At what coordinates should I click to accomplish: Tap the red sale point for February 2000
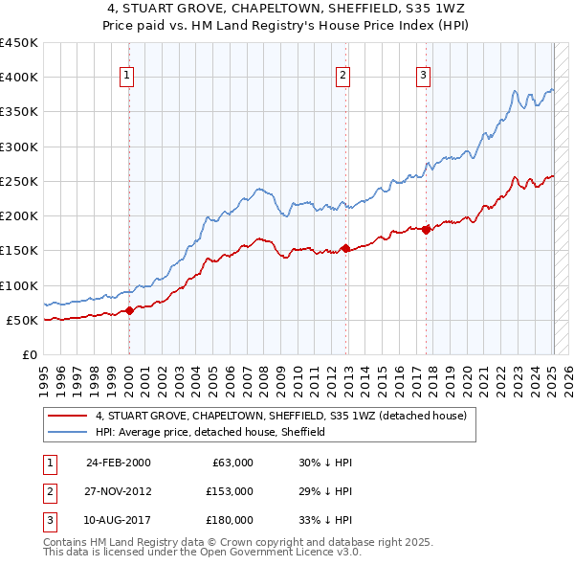tap(129, 310)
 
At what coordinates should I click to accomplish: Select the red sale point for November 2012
tap(345, 248)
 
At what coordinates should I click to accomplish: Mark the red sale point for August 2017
tap(426, 230)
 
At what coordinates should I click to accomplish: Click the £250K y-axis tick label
tap(19, 181)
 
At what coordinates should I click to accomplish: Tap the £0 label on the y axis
tap(29, 354)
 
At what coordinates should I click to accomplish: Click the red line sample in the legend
tap(67, 417)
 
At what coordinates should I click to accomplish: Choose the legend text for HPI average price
tap(210, 432)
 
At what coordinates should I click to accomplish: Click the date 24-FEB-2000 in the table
tap(118, 463)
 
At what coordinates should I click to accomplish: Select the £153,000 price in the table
tap(230, 491)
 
